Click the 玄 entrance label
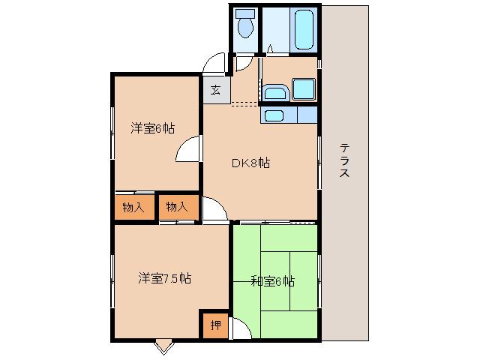[x=215, y=90]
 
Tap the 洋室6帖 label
[x=153, y=128]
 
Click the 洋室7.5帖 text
[x=163, y=278]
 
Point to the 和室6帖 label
[x=271, y=281]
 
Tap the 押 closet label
[x=215, y=325]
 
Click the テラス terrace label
[x=344, y=160]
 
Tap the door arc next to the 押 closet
[x=241, y=328]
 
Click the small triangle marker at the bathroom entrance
[x=268, y=51]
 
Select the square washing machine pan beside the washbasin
[x=303, y=90]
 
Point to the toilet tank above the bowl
[x=245, y=14]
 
